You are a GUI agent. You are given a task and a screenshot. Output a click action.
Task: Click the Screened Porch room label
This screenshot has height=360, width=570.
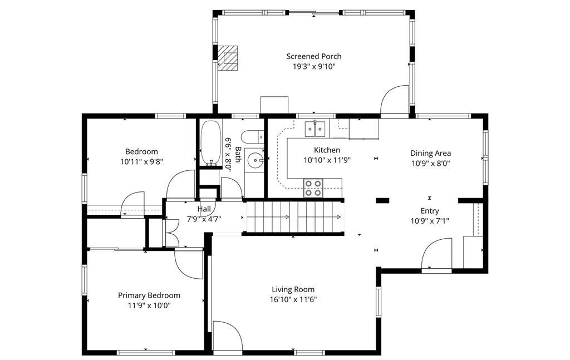(314, 56)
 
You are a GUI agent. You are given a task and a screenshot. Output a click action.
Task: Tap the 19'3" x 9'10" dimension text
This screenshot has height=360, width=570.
(314, 66)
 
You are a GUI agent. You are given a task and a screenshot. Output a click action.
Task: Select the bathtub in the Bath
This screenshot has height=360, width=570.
(210, 143)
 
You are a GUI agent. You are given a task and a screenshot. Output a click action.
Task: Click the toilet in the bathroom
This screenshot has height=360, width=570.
(253, 137)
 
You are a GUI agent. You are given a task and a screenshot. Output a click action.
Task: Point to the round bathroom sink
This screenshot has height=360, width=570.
(257, 159)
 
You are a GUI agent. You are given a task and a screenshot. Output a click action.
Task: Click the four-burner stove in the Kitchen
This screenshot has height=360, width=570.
(313, 188)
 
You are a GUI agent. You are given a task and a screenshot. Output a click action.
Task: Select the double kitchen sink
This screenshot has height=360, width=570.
(315, 129)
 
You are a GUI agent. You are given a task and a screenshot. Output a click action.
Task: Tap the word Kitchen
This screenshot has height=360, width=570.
(327, 150)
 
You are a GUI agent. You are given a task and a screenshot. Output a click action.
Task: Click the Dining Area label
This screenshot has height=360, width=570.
(430, 154)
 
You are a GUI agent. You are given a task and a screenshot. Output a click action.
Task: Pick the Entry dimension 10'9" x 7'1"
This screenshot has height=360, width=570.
(430, 221)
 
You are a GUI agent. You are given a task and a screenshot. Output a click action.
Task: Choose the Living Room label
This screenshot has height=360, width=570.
(293, 289)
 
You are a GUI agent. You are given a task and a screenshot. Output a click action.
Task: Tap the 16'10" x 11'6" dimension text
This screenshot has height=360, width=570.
(293, 300)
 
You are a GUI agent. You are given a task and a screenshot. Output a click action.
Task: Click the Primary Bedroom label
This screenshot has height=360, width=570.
(149, 295)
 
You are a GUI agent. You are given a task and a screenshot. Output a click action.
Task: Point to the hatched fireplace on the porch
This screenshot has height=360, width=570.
(228, 57)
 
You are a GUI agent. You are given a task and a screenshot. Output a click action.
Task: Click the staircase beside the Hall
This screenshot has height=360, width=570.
(293, 217)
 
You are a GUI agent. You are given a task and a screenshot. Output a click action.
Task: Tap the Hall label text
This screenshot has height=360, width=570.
(204, 209)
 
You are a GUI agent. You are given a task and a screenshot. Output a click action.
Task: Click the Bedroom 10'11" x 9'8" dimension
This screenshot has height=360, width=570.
(141, 162)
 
